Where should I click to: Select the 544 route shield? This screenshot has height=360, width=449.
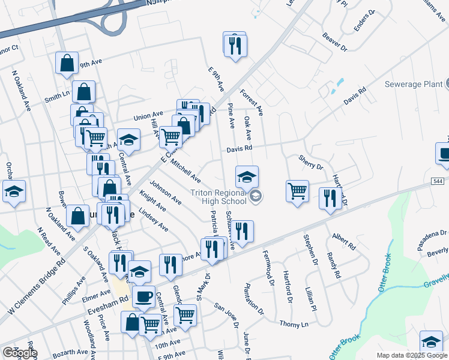[438, 180]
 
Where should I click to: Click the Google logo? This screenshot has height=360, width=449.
[20, 353]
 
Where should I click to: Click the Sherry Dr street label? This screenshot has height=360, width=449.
[311, 161]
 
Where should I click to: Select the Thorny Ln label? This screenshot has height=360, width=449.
[294, 323]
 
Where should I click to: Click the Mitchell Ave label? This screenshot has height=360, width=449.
[185, 170]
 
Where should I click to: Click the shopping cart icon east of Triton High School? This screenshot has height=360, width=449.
[297, 191]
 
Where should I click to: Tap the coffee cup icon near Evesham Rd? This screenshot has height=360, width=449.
[143, 296]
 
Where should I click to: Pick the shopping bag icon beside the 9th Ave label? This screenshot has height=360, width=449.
[67, 63]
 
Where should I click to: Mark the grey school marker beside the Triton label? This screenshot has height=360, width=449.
[256, 196]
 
